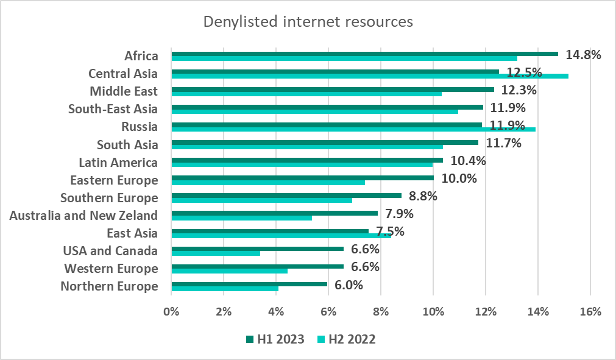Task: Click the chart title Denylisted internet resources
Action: click(x=308, y=22)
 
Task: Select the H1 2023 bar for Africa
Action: click(x=364, y=54)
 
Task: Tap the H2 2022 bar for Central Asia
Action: click(x=370, y=76)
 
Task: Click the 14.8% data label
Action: click(x=583, y=54)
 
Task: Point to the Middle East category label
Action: click(x=124, y=91)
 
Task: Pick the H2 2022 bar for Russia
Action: click(x=353, y=130)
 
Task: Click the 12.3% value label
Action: click(x=519, y=90)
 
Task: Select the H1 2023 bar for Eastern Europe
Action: click(x=302, y=178)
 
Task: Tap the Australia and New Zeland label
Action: click(x=84, y=215)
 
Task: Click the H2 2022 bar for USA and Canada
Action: click(x=216, y=253)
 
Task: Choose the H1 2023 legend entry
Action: click(x=275, y=339)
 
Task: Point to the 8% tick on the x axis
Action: click(x=381, y=311)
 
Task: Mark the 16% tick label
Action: click(x=590, y=311)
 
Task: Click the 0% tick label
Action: click(x=172, y=311)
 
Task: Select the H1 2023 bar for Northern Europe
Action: click(x=249, y=284)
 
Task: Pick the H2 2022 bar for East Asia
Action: click(x=281, y=236)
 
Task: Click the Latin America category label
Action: click(x=118, y=163)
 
